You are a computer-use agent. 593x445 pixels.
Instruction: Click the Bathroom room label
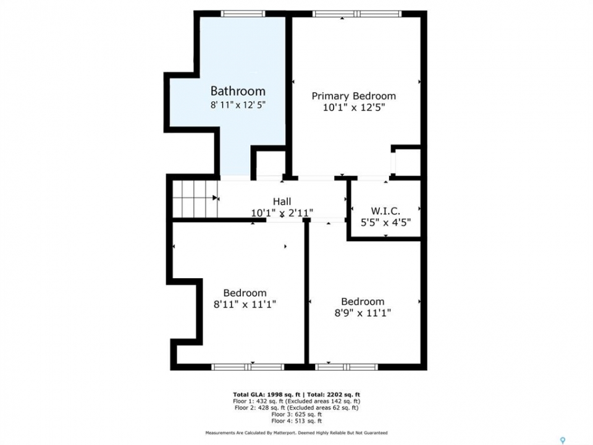coord(238,91)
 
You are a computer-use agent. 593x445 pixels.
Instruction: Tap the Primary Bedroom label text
coord(353,96)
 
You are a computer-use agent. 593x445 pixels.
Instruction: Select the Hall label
coord(282,201)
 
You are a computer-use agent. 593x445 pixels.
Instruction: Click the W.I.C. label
coord(385,211)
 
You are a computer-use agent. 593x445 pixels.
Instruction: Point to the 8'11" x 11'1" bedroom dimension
coord(245,304)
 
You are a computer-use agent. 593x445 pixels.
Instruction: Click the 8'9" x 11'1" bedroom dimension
coord(363,313)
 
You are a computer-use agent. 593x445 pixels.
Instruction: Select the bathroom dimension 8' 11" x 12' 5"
coord(238,105)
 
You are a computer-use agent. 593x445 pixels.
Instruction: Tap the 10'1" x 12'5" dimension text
coord(354,108)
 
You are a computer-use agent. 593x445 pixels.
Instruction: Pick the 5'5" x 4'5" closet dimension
coord(385,222)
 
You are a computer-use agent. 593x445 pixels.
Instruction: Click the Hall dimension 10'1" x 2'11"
coord(282,213)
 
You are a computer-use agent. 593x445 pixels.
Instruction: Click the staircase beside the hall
coord(195,199)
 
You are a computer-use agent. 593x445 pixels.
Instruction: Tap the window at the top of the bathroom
coord(243,14)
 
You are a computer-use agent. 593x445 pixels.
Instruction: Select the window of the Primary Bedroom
coord(356,14)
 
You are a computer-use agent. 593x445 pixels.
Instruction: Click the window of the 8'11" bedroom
coord(248,367)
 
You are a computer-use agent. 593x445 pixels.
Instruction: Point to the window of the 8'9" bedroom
coord(347,367)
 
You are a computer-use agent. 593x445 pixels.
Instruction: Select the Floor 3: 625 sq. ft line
coord(296,414)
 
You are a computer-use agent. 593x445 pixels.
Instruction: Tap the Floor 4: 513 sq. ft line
coord(296,421)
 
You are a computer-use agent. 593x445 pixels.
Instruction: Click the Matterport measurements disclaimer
coord(296,433)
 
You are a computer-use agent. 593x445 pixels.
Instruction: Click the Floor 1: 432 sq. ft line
coord(296,401)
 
